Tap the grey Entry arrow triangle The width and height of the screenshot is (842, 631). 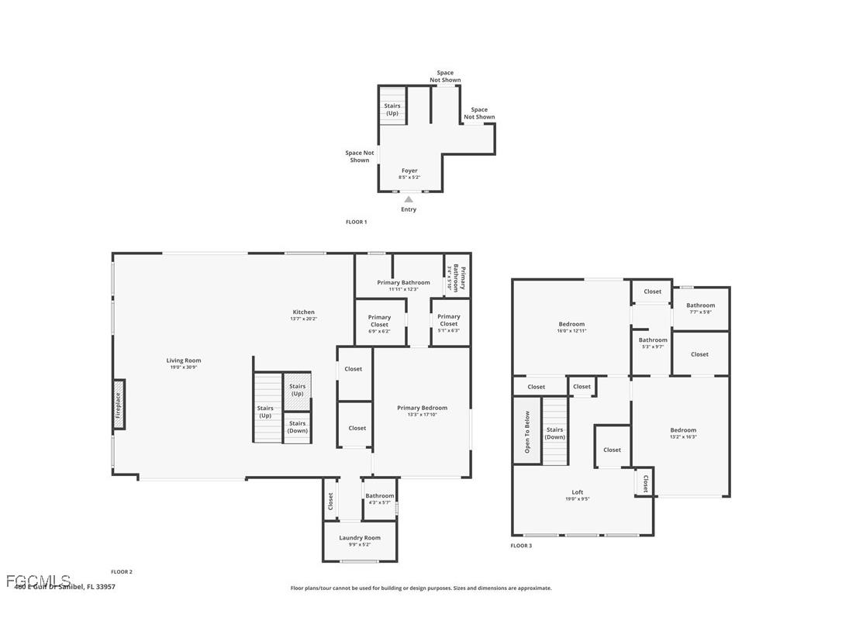(409, 199)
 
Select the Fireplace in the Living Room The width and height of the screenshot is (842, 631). (119, 404)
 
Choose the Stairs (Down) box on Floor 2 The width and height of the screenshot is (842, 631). (297, 427)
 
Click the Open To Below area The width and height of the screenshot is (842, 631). (527, 431)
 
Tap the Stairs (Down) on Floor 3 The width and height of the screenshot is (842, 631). (554, 433)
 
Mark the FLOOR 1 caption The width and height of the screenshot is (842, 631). (356, 222)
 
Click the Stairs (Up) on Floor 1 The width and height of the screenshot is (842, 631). (392, 109)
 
